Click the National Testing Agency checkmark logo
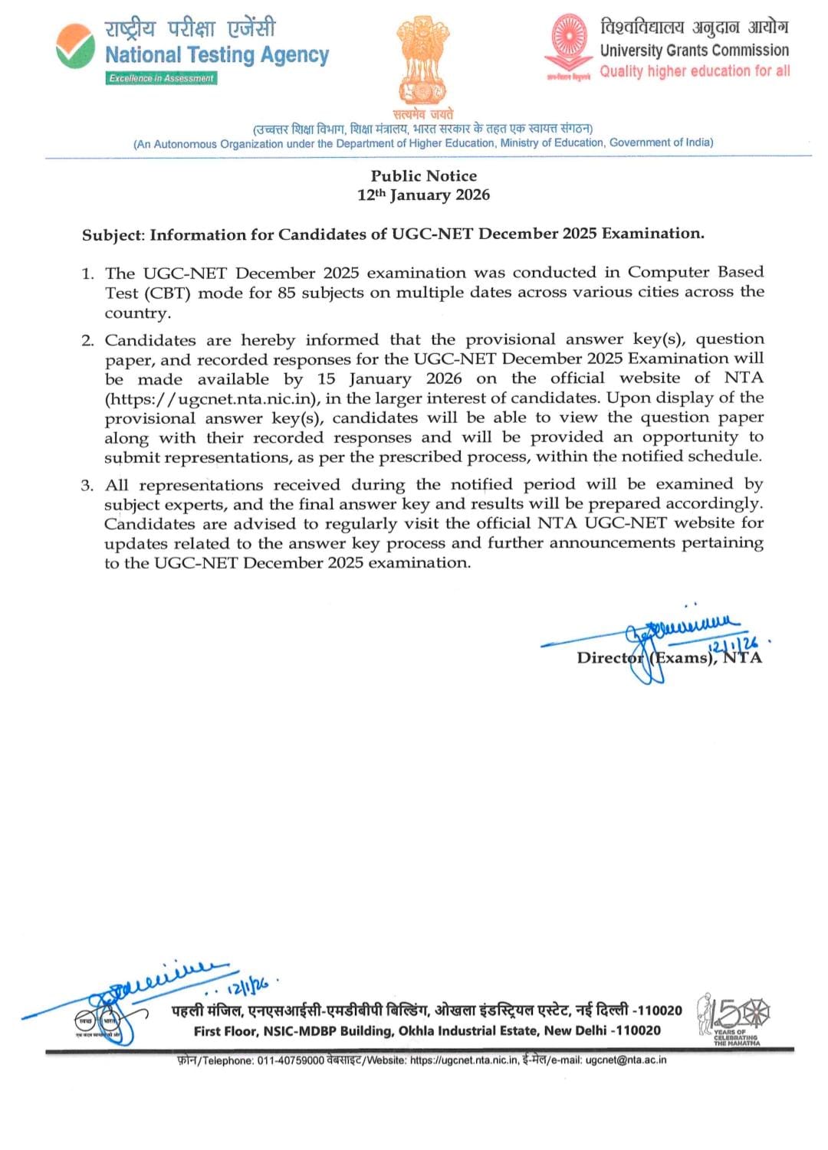click(75, 46)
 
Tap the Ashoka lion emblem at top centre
click(422, 61)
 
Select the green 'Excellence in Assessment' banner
click(161, 78)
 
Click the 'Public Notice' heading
click(423, 175)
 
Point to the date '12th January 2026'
click(423, 195)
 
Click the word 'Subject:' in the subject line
click(113, 234)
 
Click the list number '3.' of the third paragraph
click(88, 486)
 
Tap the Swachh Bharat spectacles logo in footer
click(98, 1021)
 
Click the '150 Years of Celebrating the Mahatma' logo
click(734, 1019)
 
